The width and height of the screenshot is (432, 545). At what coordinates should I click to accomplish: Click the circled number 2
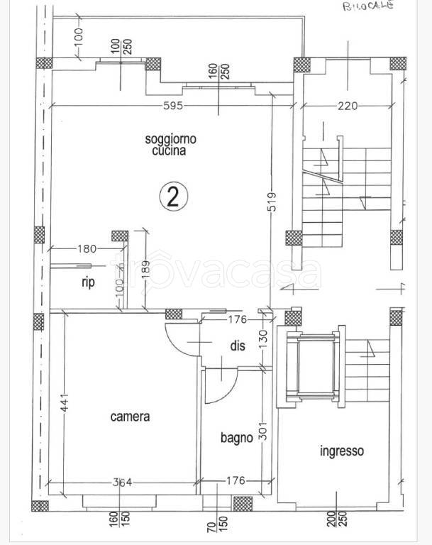(173, 197)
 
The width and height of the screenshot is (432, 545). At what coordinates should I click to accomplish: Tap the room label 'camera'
(130, 417)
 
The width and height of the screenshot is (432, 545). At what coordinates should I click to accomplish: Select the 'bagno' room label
(237, 438)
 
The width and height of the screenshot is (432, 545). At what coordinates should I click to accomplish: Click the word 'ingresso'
(342, 451)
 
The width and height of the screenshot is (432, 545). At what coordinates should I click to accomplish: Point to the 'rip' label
(88, 282)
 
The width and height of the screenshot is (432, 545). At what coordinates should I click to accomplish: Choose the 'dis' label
(238, 346)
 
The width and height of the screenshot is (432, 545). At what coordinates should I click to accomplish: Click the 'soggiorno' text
(171, 139)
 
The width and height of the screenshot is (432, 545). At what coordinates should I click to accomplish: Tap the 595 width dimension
(173, 105)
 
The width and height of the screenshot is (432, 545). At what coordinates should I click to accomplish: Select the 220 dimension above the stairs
(348, 105)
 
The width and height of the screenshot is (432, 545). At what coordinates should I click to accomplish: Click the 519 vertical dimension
(272, 202)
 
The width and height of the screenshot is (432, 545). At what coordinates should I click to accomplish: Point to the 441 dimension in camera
(65, 403)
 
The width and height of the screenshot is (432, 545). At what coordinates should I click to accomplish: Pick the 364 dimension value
(122, 482)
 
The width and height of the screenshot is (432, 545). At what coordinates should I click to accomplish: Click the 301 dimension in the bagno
(264, 431)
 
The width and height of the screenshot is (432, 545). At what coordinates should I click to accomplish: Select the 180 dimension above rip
(87, 248)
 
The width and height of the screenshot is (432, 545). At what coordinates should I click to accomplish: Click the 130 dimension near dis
(263, 340)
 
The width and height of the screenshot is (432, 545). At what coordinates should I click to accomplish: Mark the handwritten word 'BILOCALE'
(368, 6)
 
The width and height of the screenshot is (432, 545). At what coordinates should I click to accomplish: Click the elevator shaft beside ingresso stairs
(311, 366)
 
